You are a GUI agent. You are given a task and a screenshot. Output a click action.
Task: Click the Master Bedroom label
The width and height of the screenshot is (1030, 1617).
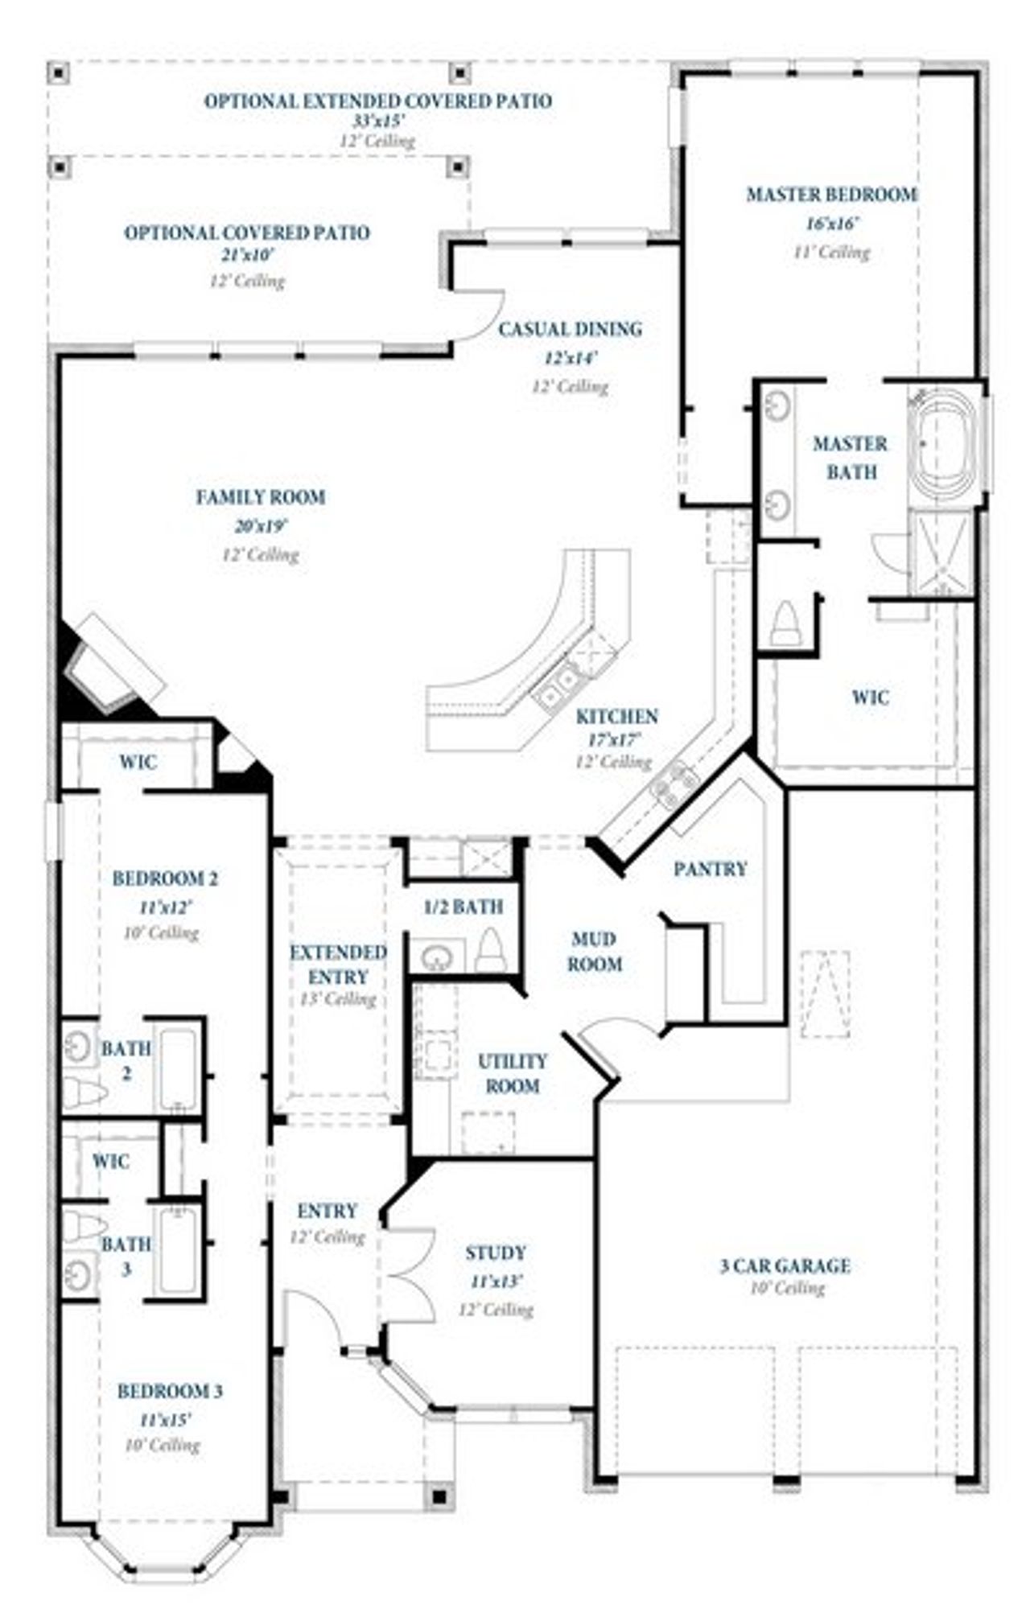pyautogui.click(x=831, y=194)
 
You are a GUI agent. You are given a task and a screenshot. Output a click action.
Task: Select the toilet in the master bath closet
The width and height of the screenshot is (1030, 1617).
pyautogui.click(x=785, y=623)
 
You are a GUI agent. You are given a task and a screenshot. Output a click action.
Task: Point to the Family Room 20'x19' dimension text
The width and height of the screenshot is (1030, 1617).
pyautogui.click(x=261, y=526)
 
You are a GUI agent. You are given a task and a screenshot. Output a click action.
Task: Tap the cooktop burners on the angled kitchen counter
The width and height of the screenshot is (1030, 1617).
pyautogui.click(x=674, y=784)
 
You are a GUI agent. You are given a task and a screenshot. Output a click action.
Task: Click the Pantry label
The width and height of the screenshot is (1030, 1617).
pyautogui.click(x=710, y=869)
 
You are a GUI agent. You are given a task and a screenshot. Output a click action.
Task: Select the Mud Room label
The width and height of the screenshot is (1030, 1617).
pyautogui.click(x=595, y=951)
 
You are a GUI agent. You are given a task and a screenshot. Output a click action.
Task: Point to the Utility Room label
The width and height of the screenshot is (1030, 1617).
pyautogui.click(x=513, y=1073)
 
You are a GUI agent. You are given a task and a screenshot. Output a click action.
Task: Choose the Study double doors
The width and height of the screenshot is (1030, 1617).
pyautogui.click(x=410, y=1274)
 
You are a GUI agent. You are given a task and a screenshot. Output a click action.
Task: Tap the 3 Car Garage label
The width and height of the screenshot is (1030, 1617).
pyautogui.click(x=785, y=1265)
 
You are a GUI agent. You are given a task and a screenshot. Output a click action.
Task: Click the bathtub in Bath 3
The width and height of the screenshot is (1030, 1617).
pyautogui.click(x=178, y=1252)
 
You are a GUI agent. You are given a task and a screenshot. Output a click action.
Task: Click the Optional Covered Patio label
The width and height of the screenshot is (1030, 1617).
pyautogui.click(x=246, y=233)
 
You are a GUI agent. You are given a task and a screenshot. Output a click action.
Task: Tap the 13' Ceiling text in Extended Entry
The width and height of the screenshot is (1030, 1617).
pyautogui.click(x=337, y=999)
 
